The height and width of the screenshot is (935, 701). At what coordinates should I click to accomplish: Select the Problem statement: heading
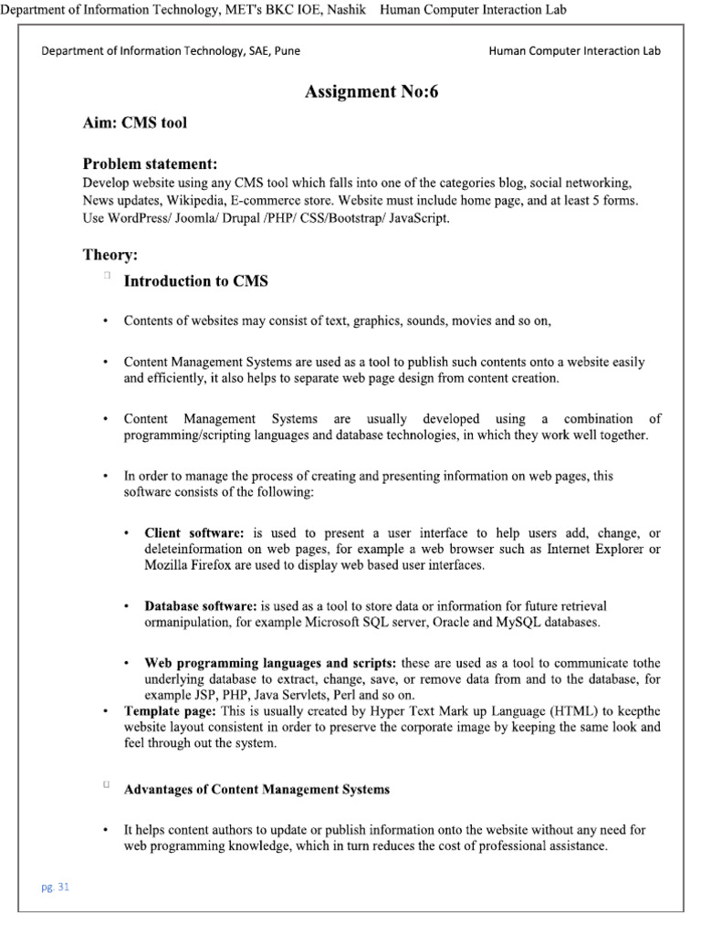point(151,164)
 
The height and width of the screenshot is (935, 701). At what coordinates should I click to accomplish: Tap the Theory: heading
point(110,255)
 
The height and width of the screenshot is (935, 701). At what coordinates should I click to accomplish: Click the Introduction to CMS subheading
point(196,281)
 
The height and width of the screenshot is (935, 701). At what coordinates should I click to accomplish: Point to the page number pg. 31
point(56,887)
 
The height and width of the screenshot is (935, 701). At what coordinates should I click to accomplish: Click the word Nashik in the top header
point(345,10)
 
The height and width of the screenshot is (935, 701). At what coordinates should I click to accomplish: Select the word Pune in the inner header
point(285,51)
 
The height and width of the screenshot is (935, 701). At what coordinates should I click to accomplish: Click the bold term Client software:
point(194,533)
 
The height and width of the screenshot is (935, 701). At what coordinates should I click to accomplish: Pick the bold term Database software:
point(201,606)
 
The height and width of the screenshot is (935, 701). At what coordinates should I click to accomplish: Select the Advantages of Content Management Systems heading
point(256,790)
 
